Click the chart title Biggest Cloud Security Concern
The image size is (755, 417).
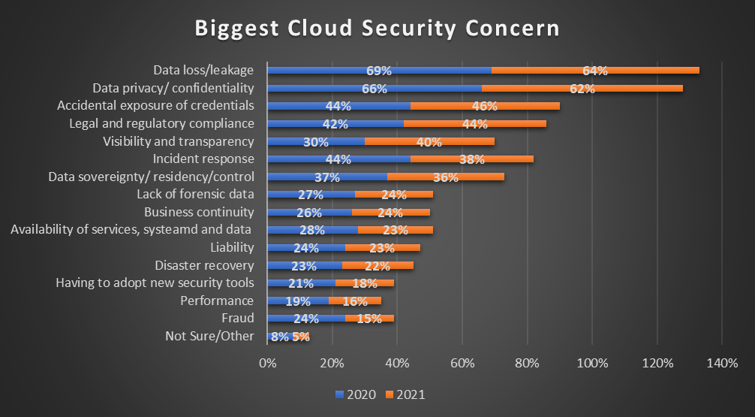[x=377, y=29]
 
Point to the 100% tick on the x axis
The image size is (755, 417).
[x=592, y=364]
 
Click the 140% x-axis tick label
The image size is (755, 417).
[x=721, y=364]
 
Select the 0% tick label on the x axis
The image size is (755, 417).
[x=267, y=364]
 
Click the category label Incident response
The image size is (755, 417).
[x=203, y=159]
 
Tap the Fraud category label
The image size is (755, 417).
[x=239, y=318]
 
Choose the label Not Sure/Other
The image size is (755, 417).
[x=209, y=336]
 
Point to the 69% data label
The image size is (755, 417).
[x=379, y=71]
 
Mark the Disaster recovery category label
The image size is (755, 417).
[x=204, y=265]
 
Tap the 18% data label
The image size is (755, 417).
[x=365, y=283]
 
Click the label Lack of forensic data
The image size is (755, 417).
[x=195, y=194]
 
